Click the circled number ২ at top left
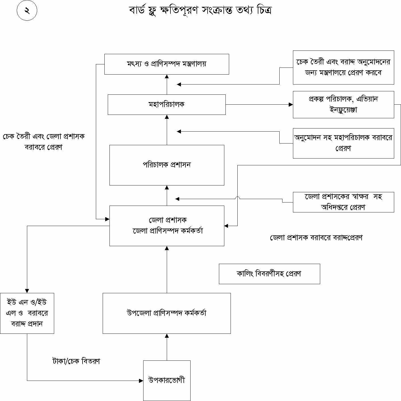tap(27, 11)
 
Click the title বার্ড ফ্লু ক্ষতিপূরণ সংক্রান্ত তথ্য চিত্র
tap(201, 10)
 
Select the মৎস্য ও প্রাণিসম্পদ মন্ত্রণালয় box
tap(166, 64)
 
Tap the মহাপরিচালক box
tap(166, 105)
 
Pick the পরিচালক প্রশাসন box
tap(167, 165)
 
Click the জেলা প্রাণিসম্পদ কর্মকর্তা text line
tap(168, 231)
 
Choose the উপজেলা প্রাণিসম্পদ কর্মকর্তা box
tap(166, 313)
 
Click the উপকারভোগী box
tap(167, 380)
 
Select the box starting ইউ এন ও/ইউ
tap(27, 313)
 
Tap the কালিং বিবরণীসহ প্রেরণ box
tap(269, 274)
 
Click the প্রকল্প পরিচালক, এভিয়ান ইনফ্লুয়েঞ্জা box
tap(343, 104)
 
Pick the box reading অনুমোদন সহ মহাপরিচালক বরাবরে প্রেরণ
tap(343, 143)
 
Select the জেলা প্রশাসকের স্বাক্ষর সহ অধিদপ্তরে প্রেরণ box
tap(343, 202)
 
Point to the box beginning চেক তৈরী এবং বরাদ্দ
tap(343, 67)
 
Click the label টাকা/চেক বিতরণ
tap(76, 361)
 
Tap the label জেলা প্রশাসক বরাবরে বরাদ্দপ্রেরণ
tap(316, 238)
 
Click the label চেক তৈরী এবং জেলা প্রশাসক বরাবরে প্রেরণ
tap(44, 142)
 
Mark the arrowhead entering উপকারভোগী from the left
tap(141, 381)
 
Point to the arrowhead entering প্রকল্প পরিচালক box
tap(291, 105)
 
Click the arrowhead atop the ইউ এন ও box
tap(27, 291)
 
